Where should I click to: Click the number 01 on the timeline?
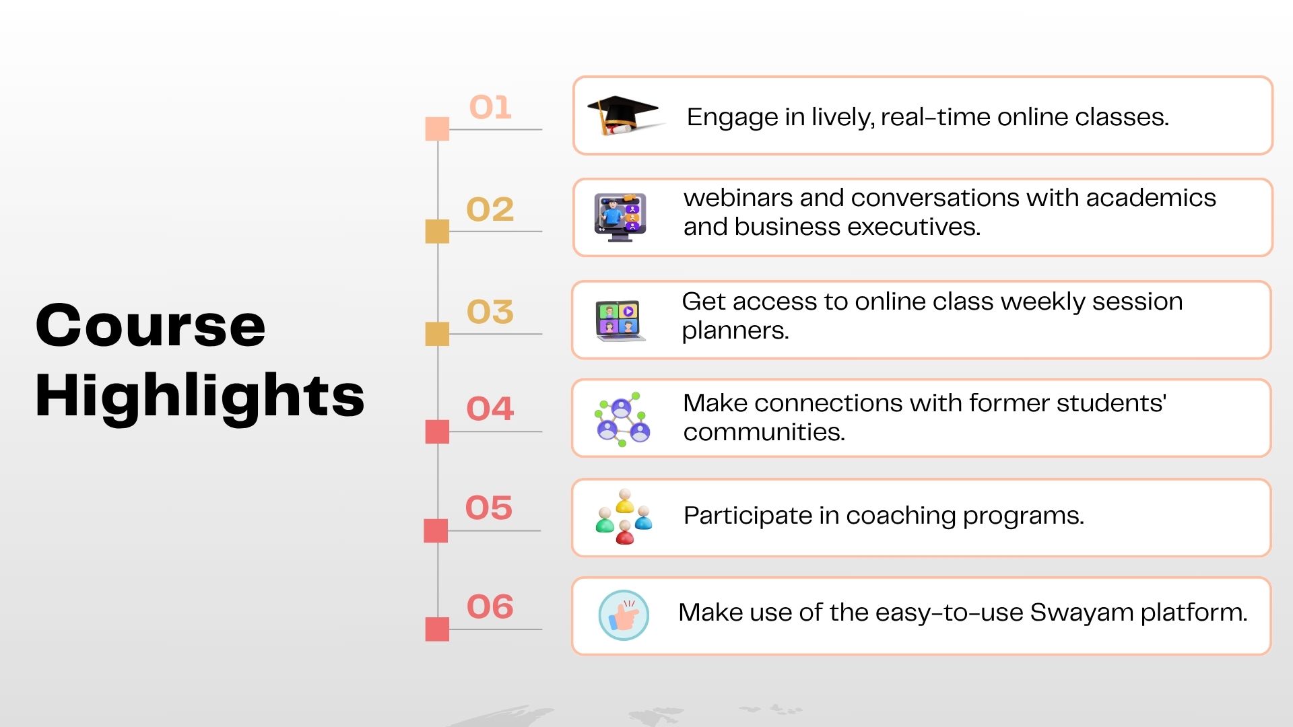(x=490, y=108)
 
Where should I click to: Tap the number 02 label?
(x=490, y=209)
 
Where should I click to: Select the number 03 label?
(x=490, y=312)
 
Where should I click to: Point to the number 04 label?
(x=490, y=409)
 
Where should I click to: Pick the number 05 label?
(x=489, y=508)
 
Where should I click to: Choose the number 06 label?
(x=490, y=607)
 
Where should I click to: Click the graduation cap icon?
(x=625, y=115)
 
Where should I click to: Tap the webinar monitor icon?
(x=620, y=217)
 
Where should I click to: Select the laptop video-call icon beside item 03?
(x=620, y=320)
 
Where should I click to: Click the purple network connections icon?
(x=622, y=419)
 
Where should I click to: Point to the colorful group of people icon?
(x=624, y=516)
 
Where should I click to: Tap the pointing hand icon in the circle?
(x=624, y=615)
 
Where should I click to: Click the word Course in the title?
(x=151, y=326)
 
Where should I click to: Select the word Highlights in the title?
(x=200, y=397)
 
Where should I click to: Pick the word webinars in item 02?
(x=737, y=198)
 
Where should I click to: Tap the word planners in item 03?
(x=735, y=331)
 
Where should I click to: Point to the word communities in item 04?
(x=764, y=432)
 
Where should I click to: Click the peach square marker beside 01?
(x=437, y=129)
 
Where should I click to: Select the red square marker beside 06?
(x=437, y=629)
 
